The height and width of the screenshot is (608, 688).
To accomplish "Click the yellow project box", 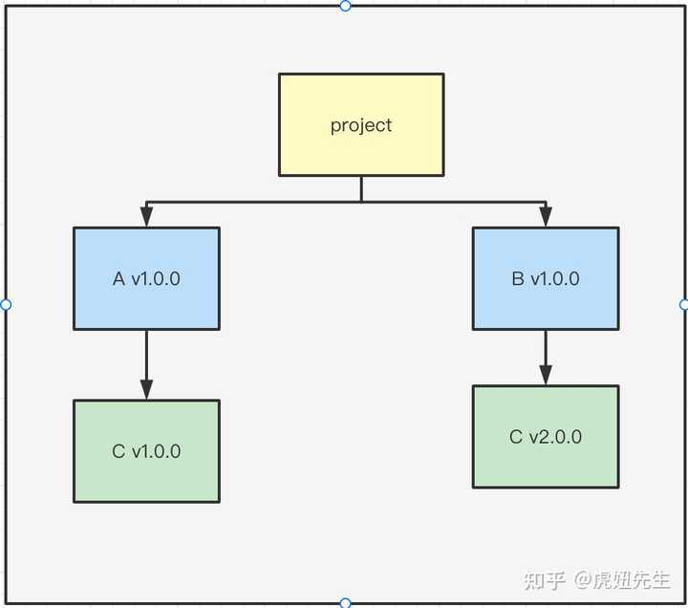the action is [x=361, y=125].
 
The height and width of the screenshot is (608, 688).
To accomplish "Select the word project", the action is [x=361, y=126].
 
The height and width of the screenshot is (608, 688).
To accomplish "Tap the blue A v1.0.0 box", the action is [x=146, y=279].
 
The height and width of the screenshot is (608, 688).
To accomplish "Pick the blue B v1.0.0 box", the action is [x=546, y=279].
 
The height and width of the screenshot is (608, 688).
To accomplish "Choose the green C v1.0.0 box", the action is [x=146, y=451].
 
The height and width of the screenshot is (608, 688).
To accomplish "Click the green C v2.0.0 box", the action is [x=546, y=437].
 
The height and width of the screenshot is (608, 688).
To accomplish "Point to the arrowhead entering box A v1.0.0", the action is [x=146, y=216].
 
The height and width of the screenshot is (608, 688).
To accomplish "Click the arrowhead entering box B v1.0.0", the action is [x=546, y=216].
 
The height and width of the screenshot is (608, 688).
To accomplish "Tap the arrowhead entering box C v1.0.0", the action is [x=146, y=389].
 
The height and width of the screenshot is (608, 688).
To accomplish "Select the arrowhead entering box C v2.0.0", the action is [x=546, y=375].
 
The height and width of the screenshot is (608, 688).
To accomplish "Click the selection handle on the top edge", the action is [x=345, y=6].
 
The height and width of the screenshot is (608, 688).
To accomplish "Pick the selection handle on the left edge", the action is [x=6, y=304].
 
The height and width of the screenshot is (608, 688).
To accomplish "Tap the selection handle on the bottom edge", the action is [x=345, y=602].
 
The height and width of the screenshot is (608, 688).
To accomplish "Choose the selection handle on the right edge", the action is [x=683, y=304].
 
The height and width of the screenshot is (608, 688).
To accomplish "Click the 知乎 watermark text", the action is [x=544, y=580].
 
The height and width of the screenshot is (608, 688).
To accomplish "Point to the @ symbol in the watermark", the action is [x=583, y=580].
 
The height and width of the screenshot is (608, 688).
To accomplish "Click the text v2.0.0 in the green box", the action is [x=555, y=437].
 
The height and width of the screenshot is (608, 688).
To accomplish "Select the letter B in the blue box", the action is [x=518, y=279].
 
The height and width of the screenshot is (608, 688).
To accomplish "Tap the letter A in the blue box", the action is [x=118, y=279].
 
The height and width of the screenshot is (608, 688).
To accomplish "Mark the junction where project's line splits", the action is [x=361, y=202].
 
